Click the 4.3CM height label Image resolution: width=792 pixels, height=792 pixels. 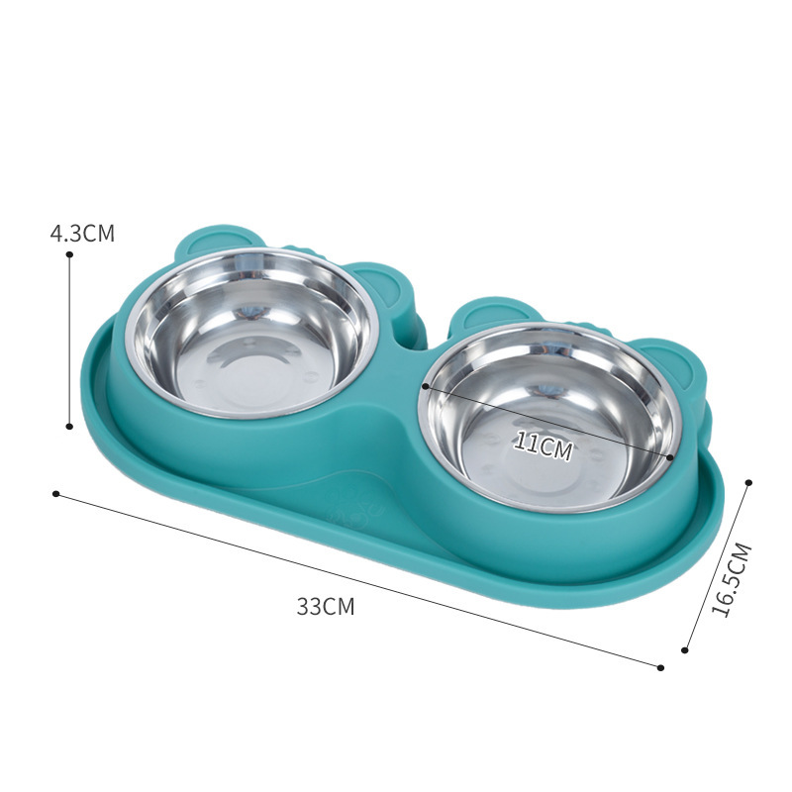click(x=82, y=235)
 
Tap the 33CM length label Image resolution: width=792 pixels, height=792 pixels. click(x=325, y=607)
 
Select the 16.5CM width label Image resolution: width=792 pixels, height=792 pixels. click(x=733, y=581)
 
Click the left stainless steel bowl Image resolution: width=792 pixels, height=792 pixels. click(x=251, y=331)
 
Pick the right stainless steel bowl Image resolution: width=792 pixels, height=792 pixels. click(x=550, y=422)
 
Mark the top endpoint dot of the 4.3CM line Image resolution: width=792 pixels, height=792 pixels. click(x=69, y=254)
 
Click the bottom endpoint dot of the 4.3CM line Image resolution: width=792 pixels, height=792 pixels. click(x=69, y=427)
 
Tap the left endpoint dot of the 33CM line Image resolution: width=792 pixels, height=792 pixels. click(x=56, y=493)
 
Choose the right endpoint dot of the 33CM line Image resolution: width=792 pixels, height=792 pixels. click(x=660, y=667)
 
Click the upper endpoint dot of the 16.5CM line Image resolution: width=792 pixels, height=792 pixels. click(x=748, y=482)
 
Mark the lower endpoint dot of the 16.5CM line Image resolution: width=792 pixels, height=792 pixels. click(x=685, y=650)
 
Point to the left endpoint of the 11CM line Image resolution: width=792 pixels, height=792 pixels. click(x=424, y=386)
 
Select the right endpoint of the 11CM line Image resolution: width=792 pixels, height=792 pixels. click(x=671, y=457)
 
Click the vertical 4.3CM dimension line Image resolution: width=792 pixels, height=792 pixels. click(x=69, y=342)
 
